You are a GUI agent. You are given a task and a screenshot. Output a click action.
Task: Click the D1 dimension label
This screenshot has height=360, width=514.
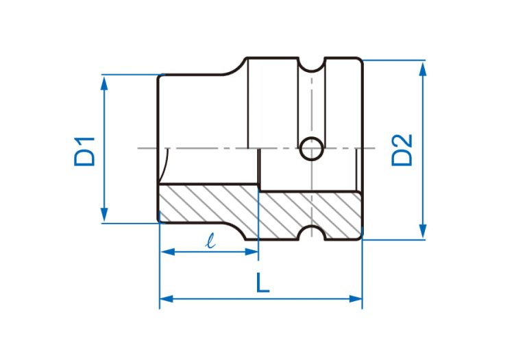tap(84, 152)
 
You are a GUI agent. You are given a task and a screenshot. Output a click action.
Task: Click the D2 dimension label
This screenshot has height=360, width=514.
tap(402, 150)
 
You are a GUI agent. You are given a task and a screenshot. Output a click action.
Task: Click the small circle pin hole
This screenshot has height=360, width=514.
tap(311, 149)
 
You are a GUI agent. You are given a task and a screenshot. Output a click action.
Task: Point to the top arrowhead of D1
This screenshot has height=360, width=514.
tap(104, 83)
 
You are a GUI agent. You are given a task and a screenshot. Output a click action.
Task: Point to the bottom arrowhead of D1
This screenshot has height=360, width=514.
tap(104, 215)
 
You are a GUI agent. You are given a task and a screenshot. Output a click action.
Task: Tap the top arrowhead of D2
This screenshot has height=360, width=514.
tap(423, 69)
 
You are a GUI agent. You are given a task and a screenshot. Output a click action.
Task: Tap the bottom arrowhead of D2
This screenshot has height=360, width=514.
tap(423, 231)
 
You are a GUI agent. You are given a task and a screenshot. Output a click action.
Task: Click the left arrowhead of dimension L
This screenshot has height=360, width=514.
tap(167, 299)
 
